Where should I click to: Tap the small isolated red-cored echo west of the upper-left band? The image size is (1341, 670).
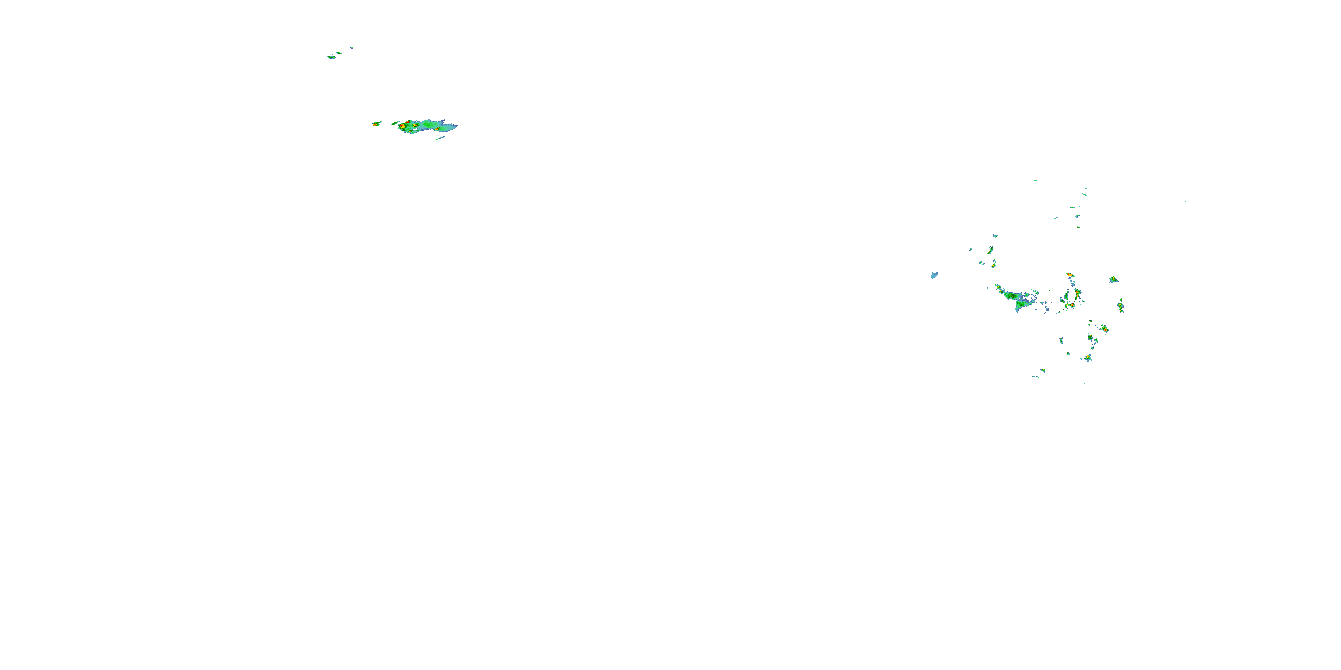pyautogui.click(x=376, y=124)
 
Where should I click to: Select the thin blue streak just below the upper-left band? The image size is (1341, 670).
pyautogui.click(x=440, y=138)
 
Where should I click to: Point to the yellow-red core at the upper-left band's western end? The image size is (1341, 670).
pyautogui.click(x=402, y=126)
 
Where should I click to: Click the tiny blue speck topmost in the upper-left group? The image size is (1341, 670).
pyautogui.click(x=351, y=48)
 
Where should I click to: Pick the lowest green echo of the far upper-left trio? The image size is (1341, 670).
pyautogui.click(x=331, y=57)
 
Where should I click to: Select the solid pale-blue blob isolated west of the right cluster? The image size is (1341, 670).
pyautogui.click(x=934, y=275)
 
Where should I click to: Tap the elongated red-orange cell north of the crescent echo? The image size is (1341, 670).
pyautogui.click(x=1069, y=274)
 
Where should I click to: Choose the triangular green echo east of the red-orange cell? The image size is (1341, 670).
pyautogui.click(x=1113, y=280)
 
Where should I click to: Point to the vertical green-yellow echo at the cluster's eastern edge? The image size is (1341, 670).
pyautogui.click(x=1121, y=306)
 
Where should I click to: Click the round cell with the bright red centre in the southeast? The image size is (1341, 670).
pyautogui.click(x=1105, y=329)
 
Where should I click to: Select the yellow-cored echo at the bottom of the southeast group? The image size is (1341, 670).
pyautogui.click(x=1087, y=357)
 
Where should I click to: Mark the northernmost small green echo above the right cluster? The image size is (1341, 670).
pyautogui.click(x=1036, y=180)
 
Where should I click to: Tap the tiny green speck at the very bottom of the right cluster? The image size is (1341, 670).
pyautogui.click(x=1103, y=406)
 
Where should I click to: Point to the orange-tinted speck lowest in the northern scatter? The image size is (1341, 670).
pyautogui.click(x=1078, y=227)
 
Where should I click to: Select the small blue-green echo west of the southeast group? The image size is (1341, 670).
pyautogui.click(x=1061, y=340)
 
